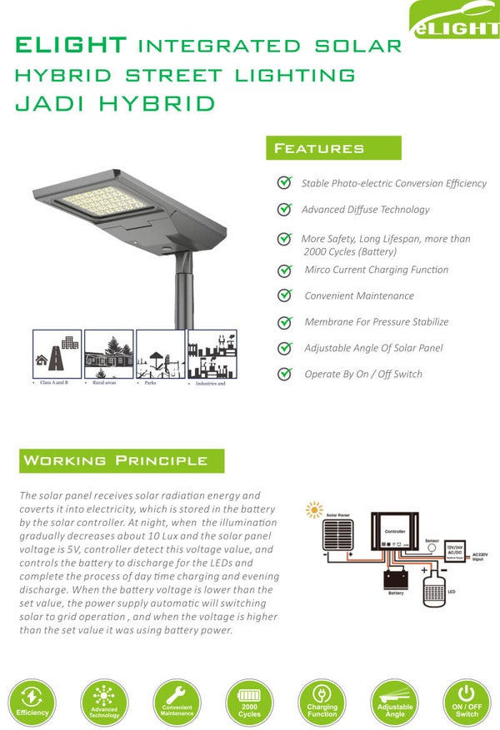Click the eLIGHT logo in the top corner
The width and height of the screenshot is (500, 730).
pos(455,21)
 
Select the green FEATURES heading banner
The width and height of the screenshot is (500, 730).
pos(332,148)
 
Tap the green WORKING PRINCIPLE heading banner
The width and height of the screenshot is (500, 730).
pos(122,460)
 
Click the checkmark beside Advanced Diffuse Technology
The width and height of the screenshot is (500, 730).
pos(284,211)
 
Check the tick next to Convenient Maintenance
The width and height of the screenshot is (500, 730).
pos(285,296)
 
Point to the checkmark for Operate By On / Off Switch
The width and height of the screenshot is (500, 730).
pos(285,375)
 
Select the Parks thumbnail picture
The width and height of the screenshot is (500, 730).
pos(160,355)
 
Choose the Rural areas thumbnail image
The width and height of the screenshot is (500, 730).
pos(108,355)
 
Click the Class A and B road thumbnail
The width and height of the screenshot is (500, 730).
pos(57,355)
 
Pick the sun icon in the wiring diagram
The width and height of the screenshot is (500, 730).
pos(314,509)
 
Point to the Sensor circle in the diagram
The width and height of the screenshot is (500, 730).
pos(432,549)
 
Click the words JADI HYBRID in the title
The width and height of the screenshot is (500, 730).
pos(115,104)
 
